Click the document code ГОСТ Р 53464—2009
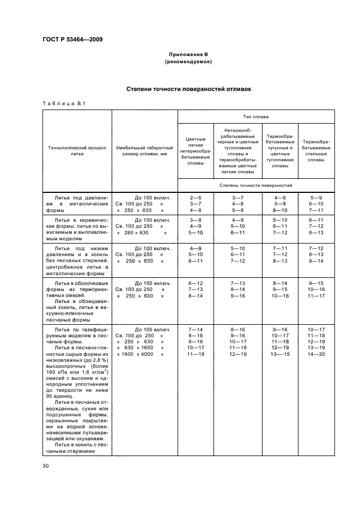coord(72,39)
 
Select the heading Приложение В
coord(188,55)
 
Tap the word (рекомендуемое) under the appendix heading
coord(188,62)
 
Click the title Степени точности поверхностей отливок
coord(188,88)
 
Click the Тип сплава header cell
coord(256,117)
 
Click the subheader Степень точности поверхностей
coord(256,185)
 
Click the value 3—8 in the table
coord(195,220)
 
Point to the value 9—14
coord(316,261)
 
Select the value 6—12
coord(195,283)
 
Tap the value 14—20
coord(316,354)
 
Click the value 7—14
coord(195,330)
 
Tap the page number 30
coord(46,465)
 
